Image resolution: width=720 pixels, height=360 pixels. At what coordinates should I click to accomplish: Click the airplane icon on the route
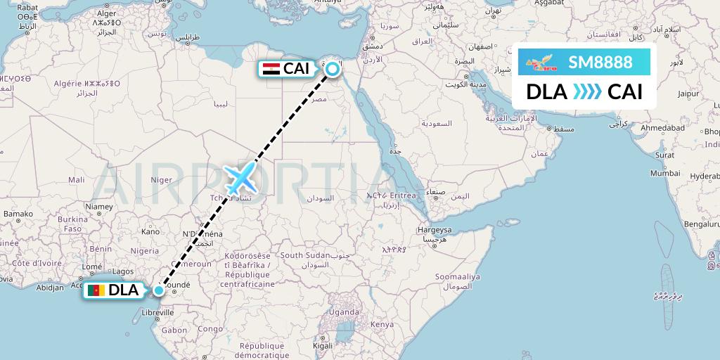tap(241, 179)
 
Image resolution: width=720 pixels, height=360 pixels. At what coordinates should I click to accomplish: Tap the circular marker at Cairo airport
tap(332, 68)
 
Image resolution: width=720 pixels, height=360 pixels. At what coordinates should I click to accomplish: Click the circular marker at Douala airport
tap(159, 290)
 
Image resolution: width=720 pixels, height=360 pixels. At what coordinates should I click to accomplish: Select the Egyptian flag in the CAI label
tap(271, 69)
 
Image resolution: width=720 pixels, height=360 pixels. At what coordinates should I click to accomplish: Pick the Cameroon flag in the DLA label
tap(96, 290)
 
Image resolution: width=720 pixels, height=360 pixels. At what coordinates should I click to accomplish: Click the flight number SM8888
tap(600, 63)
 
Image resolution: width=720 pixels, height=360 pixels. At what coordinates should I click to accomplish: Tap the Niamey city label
tap(98, 207)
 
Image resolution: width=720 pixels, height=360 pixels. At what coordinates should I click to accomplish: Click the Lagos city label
tap(122, 271)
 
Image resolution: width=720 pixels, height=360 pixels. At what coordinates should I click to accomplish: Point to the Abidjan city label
tap(50, 287)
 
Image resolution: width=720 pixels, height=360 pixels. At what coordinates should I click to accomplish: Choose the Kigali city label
tap(323, 347)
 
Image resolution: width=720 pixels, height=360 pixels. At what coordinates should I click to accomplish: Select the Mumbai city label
tap(665, 172)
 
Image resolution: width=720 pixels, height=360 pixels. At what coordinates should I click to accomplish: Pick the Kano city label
tap(150, 231)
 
